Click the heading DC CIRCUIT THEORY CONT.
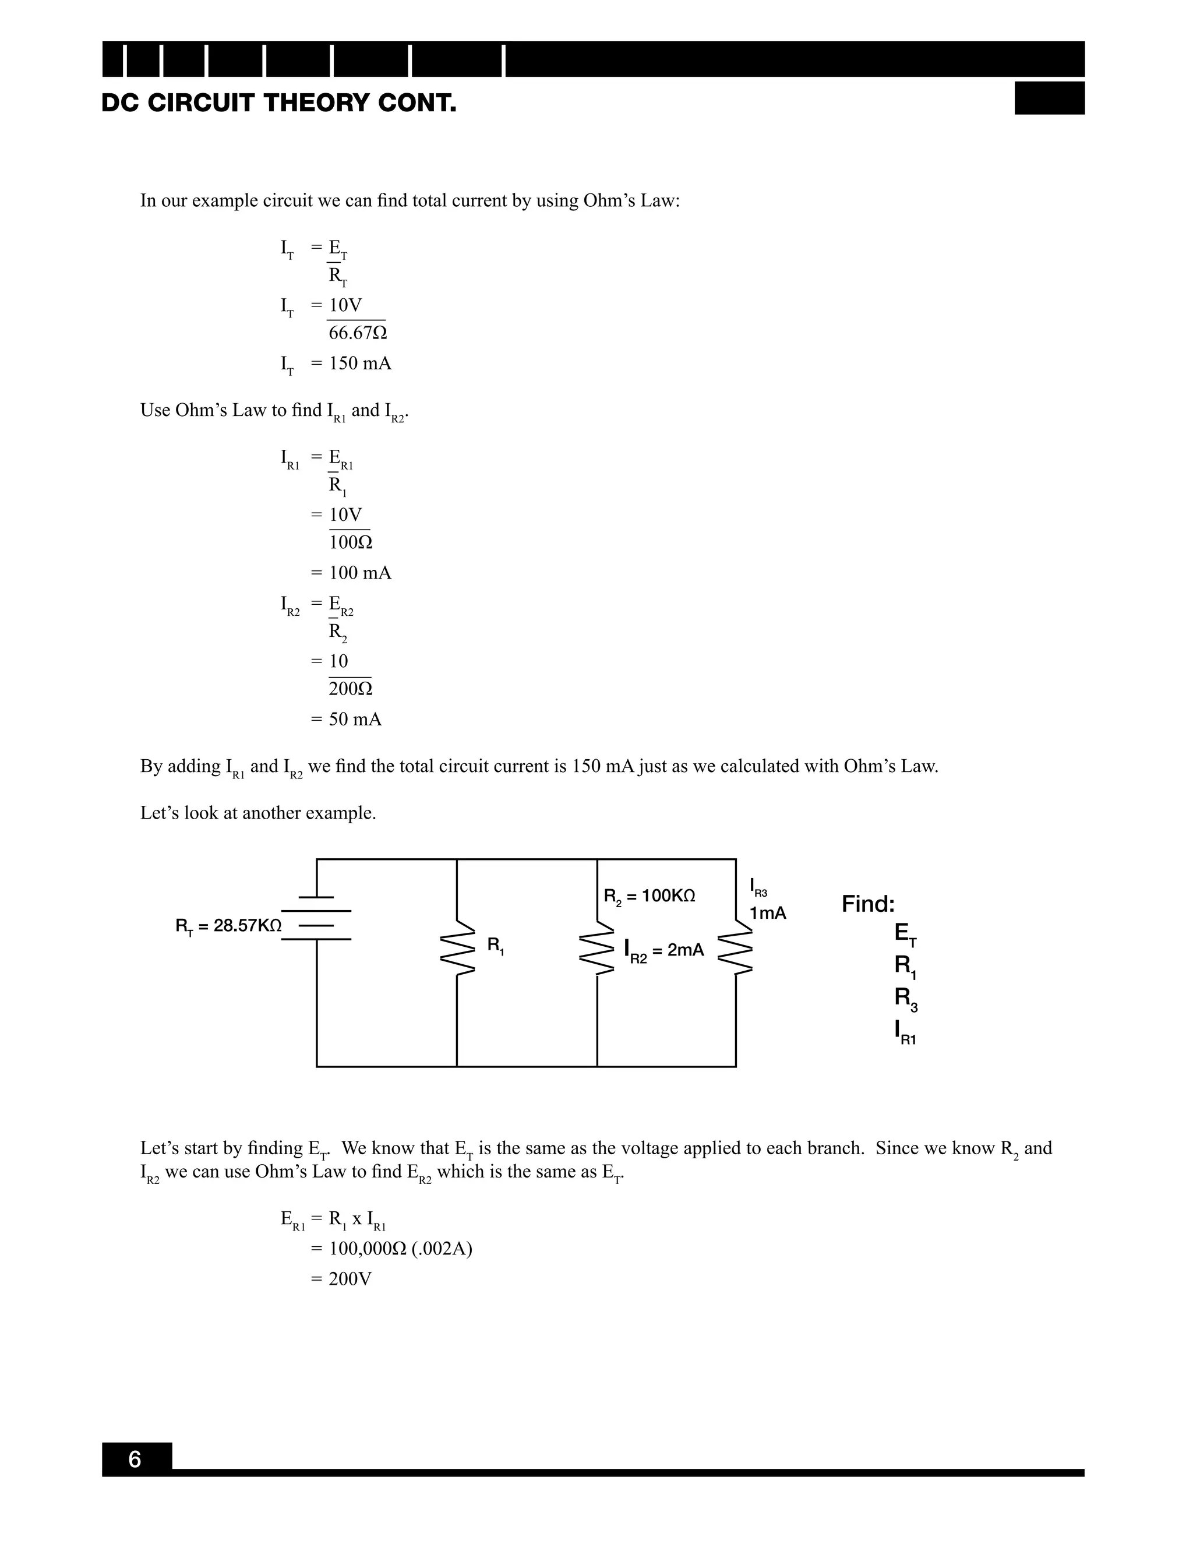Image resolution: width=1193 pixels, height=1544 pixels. (278, 104)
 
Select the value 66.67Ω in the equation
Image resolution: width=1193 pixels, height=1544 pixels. (358, 333)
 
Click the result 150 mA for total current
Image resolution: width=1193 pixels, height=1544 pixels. (360, 364)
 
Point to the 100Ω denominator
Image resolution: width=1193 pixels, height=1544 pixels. (351, 542)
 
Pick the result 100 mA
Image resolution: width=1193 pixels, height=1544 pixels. (360, 573)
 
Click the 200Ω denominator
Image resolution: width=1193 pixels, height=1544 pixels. (351, 689)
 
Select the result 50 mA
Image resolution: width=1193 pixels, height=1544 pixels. (355, 720)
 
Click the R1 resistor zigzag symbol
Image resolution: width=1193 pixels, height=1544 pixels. (457, 947)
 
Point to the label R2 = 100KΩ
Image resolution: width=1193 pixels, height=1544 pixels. (650, 897)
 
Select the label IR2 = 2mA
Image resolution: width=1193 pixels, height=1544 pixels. (664, 951)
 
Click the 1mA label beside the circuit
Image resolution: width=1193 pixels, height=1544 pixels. (768, 914)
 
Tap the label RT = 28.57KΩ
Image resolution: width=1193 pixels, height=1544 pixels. (228, 926)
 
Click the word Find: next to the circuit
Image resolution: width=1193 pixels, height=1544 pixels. (868, 904)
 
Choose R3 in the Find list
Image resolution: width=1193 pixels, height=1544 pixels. (905, 998)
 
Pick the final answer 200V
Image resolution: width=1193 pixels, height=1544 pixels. (350, 1279)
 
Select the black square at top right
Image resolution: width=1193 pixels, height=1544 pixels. (1050, 98)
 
